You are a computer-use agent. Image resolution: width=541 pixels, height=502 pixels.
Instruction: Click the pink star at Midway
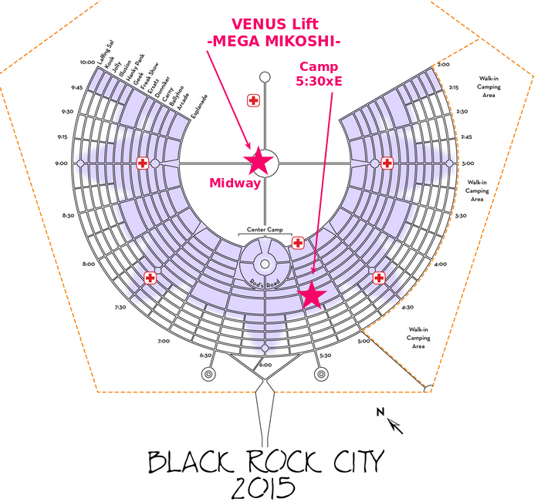[258, 161]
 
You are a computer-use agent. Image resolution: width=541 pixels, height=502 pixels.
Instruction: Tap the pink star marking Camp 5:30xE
[312, 295]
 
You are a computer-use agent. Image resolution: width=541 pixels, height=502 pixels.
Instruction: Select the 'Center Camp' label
[265, 230]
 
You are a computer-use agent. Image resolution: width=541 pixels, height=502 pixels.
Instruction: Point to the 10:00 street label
[86, 62]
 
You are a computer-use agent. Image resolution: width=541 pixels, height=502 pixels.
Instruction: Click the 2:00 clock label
[443, 65]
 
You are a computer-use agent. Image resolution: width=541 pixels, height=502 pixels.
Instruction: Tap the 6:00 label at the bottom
[265, 365]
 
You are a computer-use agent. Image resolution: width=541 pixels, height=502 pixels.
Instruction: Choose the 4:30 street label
[407, 306]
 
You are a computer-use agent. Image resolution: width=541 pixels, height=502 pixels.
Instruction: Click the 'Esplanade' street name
[200, 107]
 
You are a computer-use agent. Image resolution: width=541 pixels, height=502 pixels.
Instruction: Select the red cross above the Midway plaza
[252, 100]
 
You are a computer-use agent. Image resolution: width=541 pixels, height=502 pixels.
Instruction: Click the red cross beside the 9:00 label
[142, 163]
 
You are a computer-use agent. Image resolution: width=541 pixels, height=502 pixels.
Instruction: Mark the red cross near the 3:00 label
[387, 163]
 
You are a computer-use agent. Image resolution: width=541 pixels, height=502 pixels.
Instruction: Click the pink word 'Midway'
[235, 184]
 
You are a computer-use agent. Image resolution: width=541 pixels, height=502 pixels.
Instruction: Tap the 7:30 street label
[120, 307]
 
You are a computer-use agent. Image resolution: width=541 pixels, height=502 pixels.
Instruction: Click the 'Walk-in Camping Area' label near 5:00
[418, 338]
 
